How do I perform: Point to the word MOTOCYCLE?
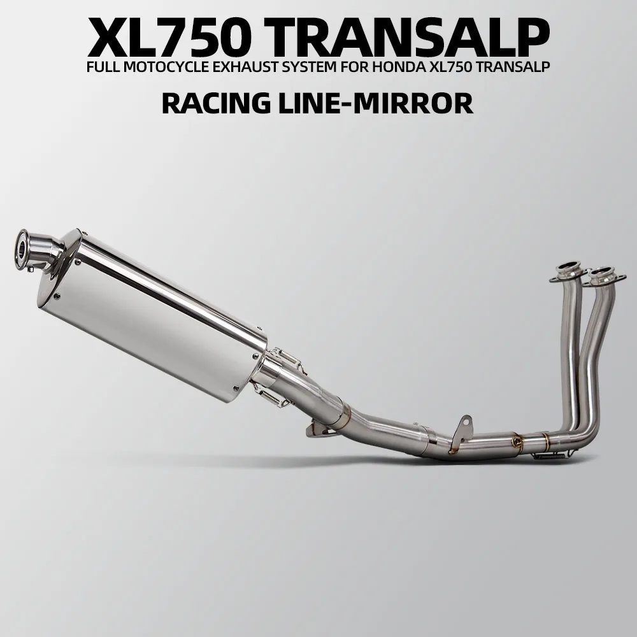coord(168,66)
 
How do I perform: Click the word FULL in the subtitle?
coord(103,66)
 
